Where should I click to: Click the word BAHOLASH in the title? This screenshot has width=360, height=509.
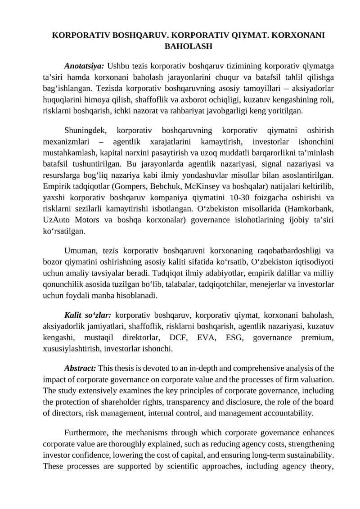coord(189,46)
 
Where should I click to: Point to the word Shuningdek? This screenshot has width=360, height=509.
coord(85,131)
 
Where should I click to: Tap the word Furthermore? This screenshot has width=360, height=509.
coord(86,433)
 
